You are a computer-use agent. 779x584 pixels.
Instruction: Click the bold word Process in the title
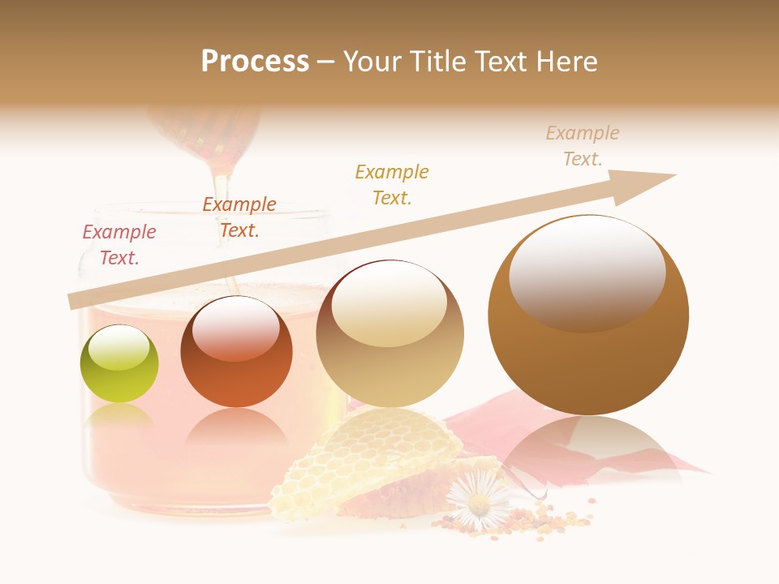point(255,62)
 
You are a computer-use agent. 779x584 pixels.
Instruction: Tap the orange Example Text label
point(239,217)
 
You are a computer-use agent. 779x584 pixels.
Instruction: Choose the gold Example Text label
point(392,184)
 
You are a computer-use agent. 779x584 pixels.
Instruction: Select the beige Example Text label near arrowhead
point(583,146)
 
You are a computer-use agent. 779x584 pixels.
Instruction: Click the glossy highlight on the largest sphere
point(587,273)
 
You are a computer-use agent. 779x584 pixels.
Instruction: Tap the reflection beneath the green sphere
point(118,418)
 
